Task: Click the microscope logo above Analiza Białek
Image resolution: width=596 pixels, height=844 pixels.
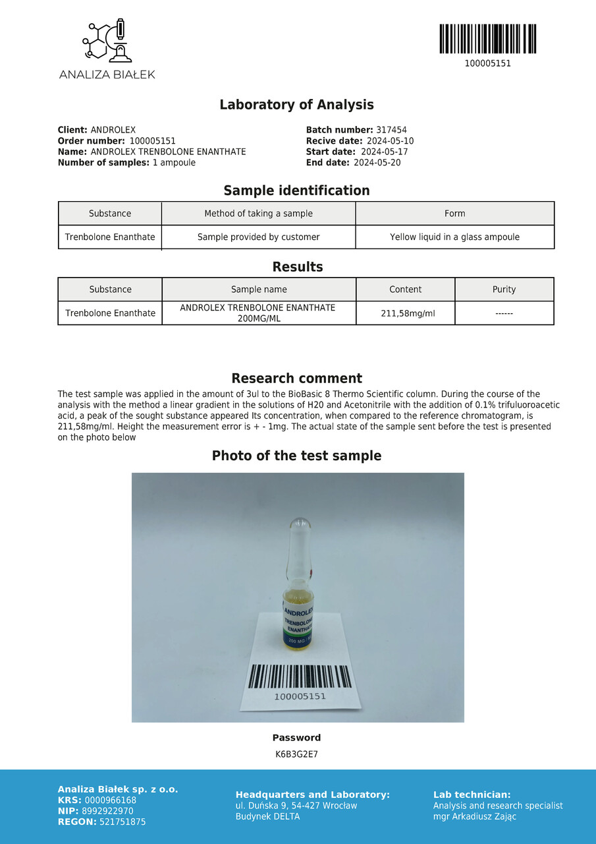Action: point(106,42)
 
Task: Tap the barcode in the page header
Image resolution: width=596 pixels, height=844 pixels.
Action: point(487,39)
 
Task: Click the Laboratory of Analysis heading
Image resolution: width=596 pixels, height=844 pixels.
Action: point(296,105)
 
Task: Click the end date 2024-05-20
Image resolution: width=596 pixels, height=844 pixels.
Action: point(377,163)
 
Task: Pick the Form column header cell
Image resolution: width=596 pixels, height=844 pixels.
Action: point(454,214)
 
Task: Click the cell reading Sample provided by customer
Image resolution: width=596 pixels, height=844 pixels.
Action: point(258,237)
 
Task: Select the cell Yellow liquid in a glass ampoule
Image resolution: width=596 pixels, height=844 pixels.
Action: point(454,237)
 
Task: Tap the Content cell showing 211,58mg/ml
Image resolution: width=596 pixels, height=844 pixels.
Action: point(405,313)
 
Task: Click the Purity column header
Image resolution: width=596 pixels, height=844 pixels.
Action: point(504,289)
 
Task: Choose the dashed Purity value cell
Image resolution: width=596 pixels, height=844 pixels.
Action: point(504,313)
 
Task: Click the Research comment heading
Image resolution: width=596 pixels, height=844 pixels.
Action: point(296,378)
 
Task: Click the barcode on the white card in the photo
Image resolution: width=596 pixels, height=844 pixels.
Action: point(299,677)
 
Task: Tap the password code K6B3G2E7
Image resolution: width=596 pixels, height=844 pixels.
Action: point(296,754)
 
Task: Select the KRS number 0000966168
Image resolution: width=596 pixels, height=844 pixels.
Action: point(111,800)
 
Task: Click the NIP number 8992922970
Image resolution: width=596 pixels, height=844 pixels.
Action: point(107,811)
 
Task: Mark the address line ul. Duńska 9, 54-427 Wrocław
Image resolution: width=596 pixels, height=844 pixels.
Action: point(296,806)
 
